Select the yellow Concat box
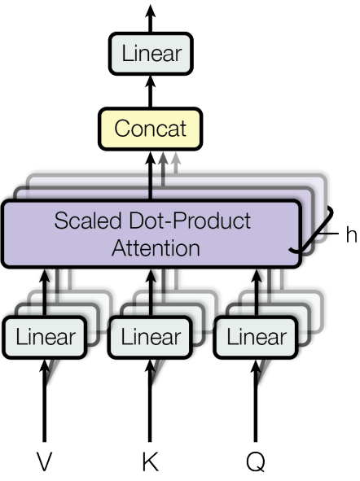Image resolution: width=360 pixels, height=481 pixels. coord(151,129)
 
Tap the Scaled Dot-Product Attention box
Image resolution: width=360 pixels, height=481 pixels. coord(151,233)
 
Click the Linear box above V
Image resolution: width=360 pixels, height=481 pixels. coord(45,337)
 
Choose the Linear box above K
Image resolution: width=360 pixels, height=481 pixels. coord(150,337)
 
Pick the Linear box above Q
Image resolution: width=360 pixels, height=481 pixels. coord(255,337)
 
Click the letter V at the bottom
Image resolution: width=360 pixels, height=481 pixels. coord(45,462)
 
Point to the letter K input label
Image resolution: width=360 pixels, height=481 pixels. coord(151,462)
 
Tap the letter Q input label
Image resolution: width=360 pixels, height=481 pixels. coord(255,462)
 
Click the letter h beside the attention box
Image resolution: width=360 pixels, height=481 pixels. coord(350,234)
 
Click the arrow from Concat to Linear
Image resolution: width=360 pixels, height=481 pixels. coord(151,92)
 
